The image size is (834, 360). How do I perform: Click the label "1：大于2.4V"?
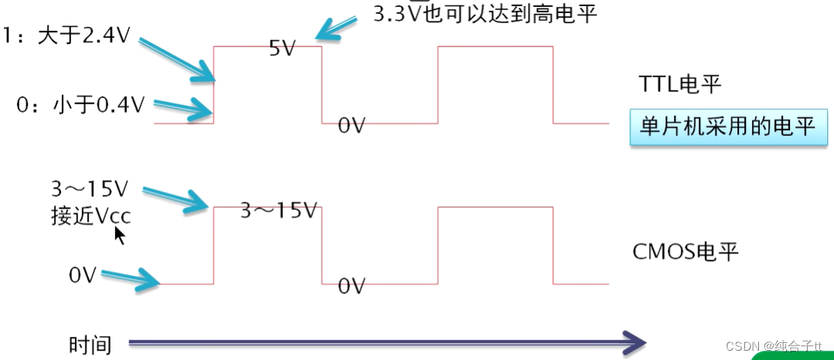(x=66, y=36)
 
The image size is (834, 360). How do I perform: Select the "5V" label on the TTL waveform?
(x=283, y=48)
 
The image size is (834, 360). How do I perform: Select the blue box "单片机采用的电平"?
(x=727, y=126)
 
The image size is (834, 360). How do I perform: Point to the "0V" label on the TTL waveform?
(x=352, y=125)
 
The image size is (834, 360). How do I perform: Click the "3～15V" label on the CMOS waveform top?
(x=279, y=210)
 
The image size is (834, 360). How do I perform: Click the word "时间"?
(x=90, y=345)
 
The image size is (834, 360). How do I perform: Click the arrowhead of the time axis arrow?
(x=634, y=341)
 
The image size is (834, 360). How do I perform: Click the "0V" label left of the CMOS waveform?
(x=82, y=275)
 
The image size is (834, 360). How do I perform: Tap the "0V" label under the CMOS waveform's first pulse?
(x=352, y=286)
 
